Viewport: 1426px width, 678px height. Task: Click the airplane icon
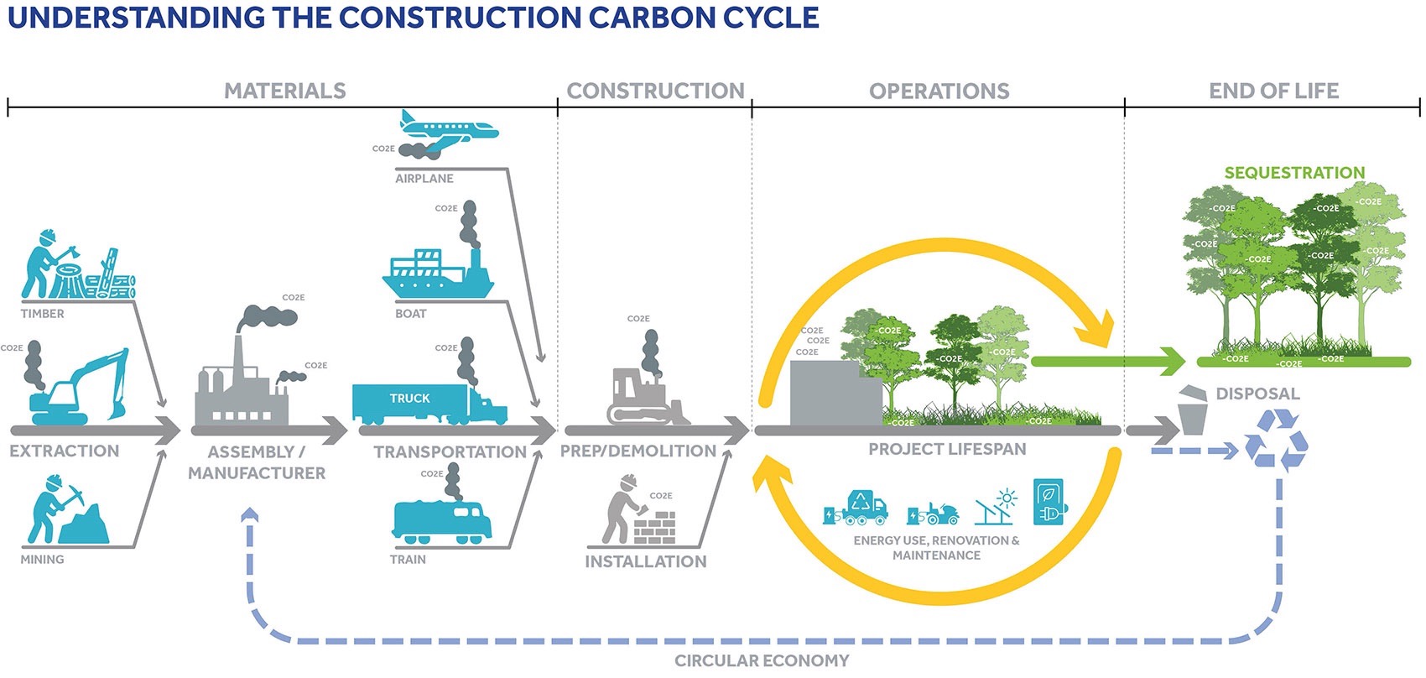[448, 128]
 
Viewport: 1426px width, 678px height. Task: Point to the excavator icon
[80, 390]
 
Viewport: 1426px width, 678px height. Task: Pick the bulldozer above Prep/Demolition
[646, 394]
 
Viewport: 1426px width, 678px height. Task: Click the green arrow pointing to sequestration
[1107, 362]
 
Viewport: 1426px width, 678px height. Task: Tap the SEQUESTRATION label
[1294, 173]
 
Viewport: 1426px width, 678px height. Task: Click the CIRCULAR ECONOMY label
[762, 661]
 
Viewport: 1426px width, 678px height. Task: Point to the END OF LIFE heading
[1273, 91]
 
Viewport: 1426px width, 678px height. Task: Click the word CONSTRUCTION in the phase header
[655, 91]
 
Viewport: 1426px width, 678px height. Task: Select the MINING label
[42, 560]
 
